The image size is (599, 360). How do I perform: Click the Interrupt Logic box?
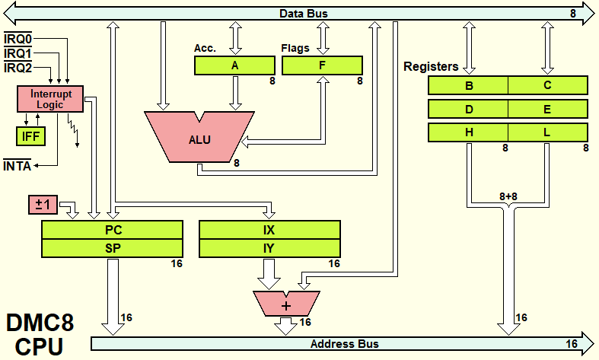point(50,99)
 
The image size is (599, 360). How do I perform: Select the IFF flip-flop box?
point(30,136)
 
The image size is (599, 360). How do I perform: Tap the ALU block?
point(199,137)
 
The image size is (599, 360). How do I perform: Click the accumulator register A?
point(234,65)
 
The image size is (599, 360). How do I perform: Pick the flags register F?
point(322,65)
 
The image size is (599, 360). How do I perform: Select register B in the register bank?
point(468,85)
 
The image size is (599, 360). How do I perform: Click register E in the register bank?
point(548,109)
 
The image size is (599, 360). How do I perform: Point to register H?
point(468,132)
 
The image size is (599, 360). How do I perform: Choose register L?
point(548,132)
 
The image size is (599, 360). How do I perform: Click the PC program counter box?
point(113,230)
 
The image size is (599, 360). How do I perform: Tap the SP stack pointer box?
point(113,248)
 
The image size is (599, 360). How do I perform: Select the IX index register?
point(269,230)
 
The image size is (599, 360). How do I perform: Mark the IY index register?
point(269,248)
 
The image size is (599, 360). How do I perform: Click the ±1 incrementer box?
point(43,205)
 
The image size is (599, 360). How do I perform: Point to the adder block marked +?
point(286,304)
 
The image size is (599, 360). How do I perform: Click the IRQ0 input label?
point(18,39)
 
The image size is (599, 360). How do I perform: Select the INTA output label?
point(17,166)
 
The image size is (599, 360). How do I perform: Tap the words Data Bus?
point(304,14)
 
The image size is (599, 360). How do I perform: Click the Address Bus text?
point(344,344)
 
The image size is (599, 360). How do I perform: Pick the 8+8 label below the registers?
point(508,196)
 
